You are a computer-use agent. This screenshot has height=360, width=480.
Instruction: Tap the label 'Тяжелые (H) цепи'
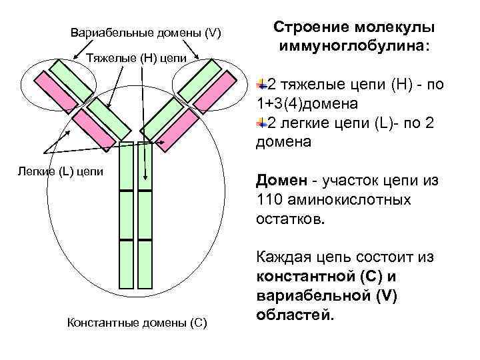[137, 57]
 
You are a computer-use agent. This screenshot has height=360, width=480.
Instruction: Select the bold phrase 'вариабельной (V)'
[325, 295]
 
